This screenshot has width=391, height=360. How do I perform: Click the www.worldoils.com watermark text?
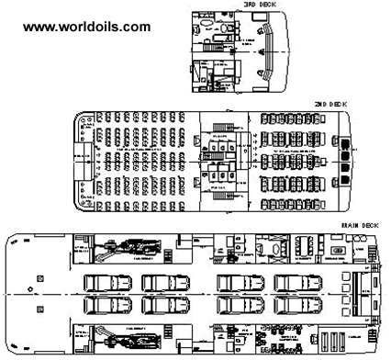(86, 27)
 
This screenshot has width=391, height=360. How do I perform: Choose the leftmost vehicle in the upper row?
(103, 282)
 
